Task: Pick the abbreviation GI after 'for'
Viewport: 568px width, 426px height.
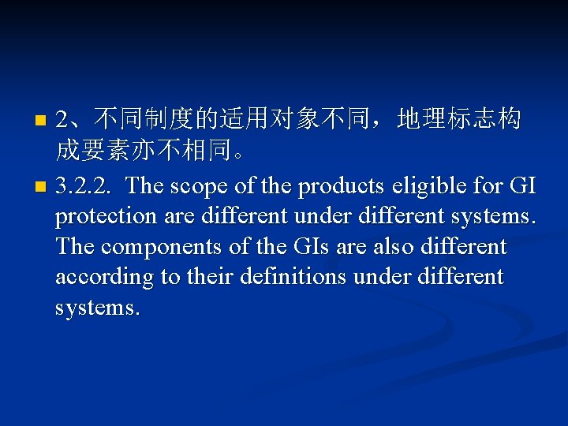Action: click(x=521, y=186)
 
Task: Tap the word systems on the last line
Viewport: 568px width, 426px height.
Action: click(x=98, y=306)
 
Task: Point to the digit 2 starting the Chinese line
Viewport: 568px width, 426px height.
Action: click(x=63, y=121)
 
